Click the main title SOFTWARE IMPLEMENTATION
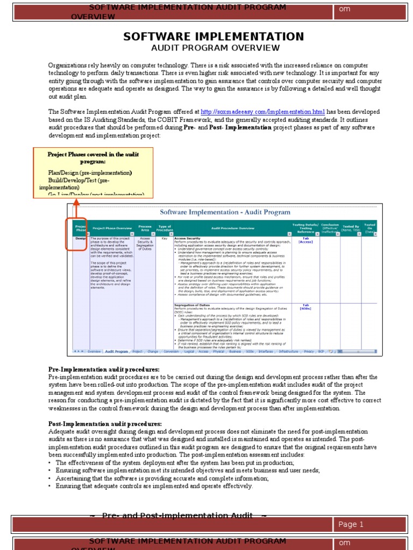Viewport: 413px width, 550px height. point(213,37)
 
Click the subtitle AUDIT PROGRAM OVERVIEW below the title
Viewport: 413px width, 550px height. point(213,48)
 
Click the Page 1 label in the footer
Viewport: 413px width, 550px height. point(351,524)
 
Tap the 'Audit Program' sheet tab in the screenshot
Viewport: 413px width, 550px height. point(117,351)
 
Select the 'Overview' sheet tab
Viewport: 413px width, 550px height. point(94,351)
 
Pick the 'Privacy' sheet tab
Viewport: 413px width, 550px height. point(309,351)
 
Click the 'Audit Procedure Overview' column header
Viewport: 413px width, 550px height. point(232,228)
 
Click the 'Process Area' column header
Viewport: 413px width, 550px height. point(145,228)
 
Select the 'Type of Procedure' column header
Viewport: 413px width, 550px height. point(165,228)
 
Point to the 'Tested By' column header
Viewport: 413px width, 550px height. point(351,228)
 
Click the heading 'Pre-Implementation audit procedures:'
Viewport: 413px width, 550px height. point(104,370)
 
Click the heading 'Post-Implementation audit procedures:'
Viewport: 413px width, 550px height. point(105,424)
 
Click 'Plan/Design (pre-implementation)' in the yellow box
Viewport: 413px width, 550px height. point(90,173)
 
